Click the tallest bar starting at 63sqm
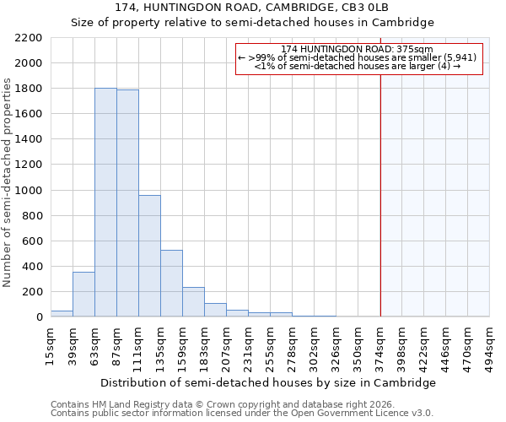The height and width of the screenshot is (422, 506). tap(105, 203)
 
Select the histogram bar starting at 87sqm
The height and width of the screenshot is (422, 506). tap(127, 203)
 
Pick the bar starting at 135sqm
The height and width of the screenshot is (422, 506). tap(171, 284)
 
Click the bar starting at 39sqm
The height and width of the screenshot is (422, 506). tap(83, 295)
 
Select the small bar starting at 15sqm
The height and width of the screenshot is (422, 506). tap(62, 313)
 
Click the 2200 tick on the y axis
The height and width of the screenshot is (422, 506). tap(29, 38)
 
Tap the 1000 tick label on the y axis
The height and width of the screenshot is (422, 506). tap(29, 191)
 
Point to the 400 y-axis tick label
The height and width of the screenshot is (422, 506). tap(32, 267)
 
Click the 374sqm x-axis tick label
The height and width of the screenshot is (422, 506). tap(380, 343)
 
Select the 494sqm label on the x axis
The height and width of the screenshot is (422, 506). tap(490, 343)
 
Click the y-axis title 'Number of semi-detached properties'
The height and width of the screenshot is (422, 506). tap(8, 182)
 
